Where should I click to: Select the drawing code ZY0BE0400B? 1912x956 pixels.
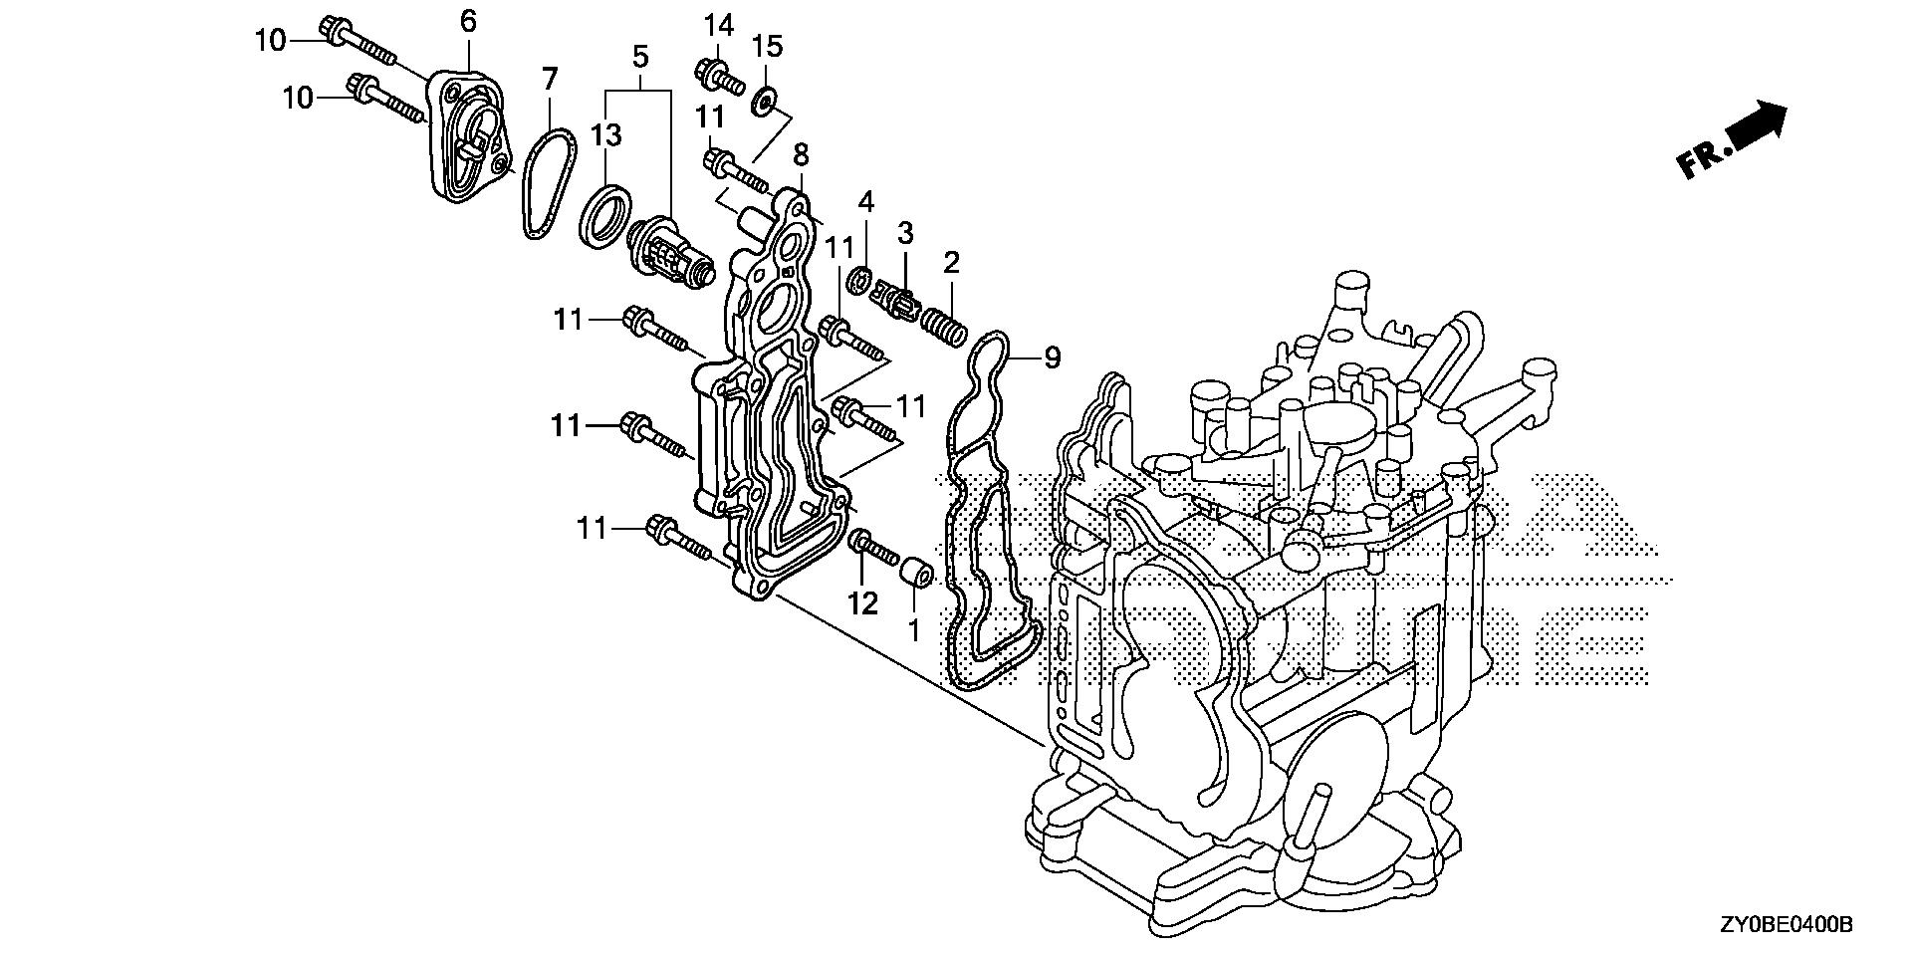click(x=1788, y=925)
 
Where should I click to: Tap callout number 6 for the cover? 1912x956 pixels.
click(x=468, y=20)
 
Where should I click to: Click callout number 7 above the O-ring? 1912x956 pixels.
click(x=550, y=78)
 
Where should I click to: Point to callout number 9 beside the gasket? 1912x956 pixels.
click(x=1053, y=357)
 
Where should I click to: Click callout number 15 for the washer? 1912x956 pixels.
click(x=768, y=46)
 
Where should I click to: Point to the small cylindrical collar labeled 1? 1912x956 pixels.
click(x=916, y=575)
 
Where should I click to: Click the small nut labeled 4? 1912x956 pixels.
click(x=858, y=280)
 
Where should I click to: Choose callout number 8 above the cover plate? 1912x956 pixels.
click(x=801, y=154)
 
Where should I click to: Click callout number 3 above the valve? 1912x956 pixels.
click(x=905, y=234)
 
